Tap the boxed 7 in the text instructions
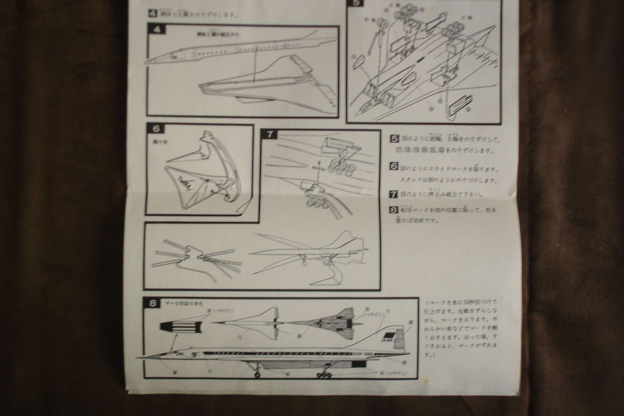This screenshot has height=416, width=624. (394, 194)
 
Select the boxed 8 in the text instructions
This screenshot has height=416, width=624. (394, 210)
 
